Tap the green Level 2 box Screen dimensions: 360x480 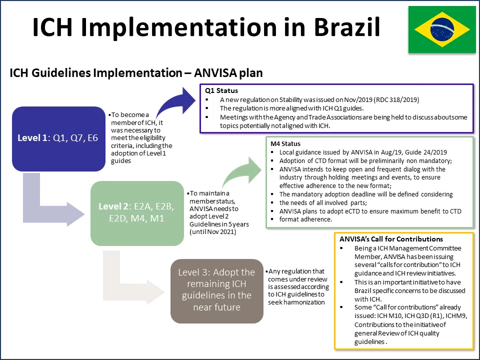[x=134, y=213]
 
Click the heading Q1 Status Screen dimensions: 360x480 [x=221, y=91]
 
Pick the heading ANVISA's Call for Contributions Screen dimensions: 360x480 [x=384, y=239]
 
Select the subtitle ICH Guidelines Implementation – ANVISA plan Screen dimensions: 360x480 [x=136, y=73]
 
